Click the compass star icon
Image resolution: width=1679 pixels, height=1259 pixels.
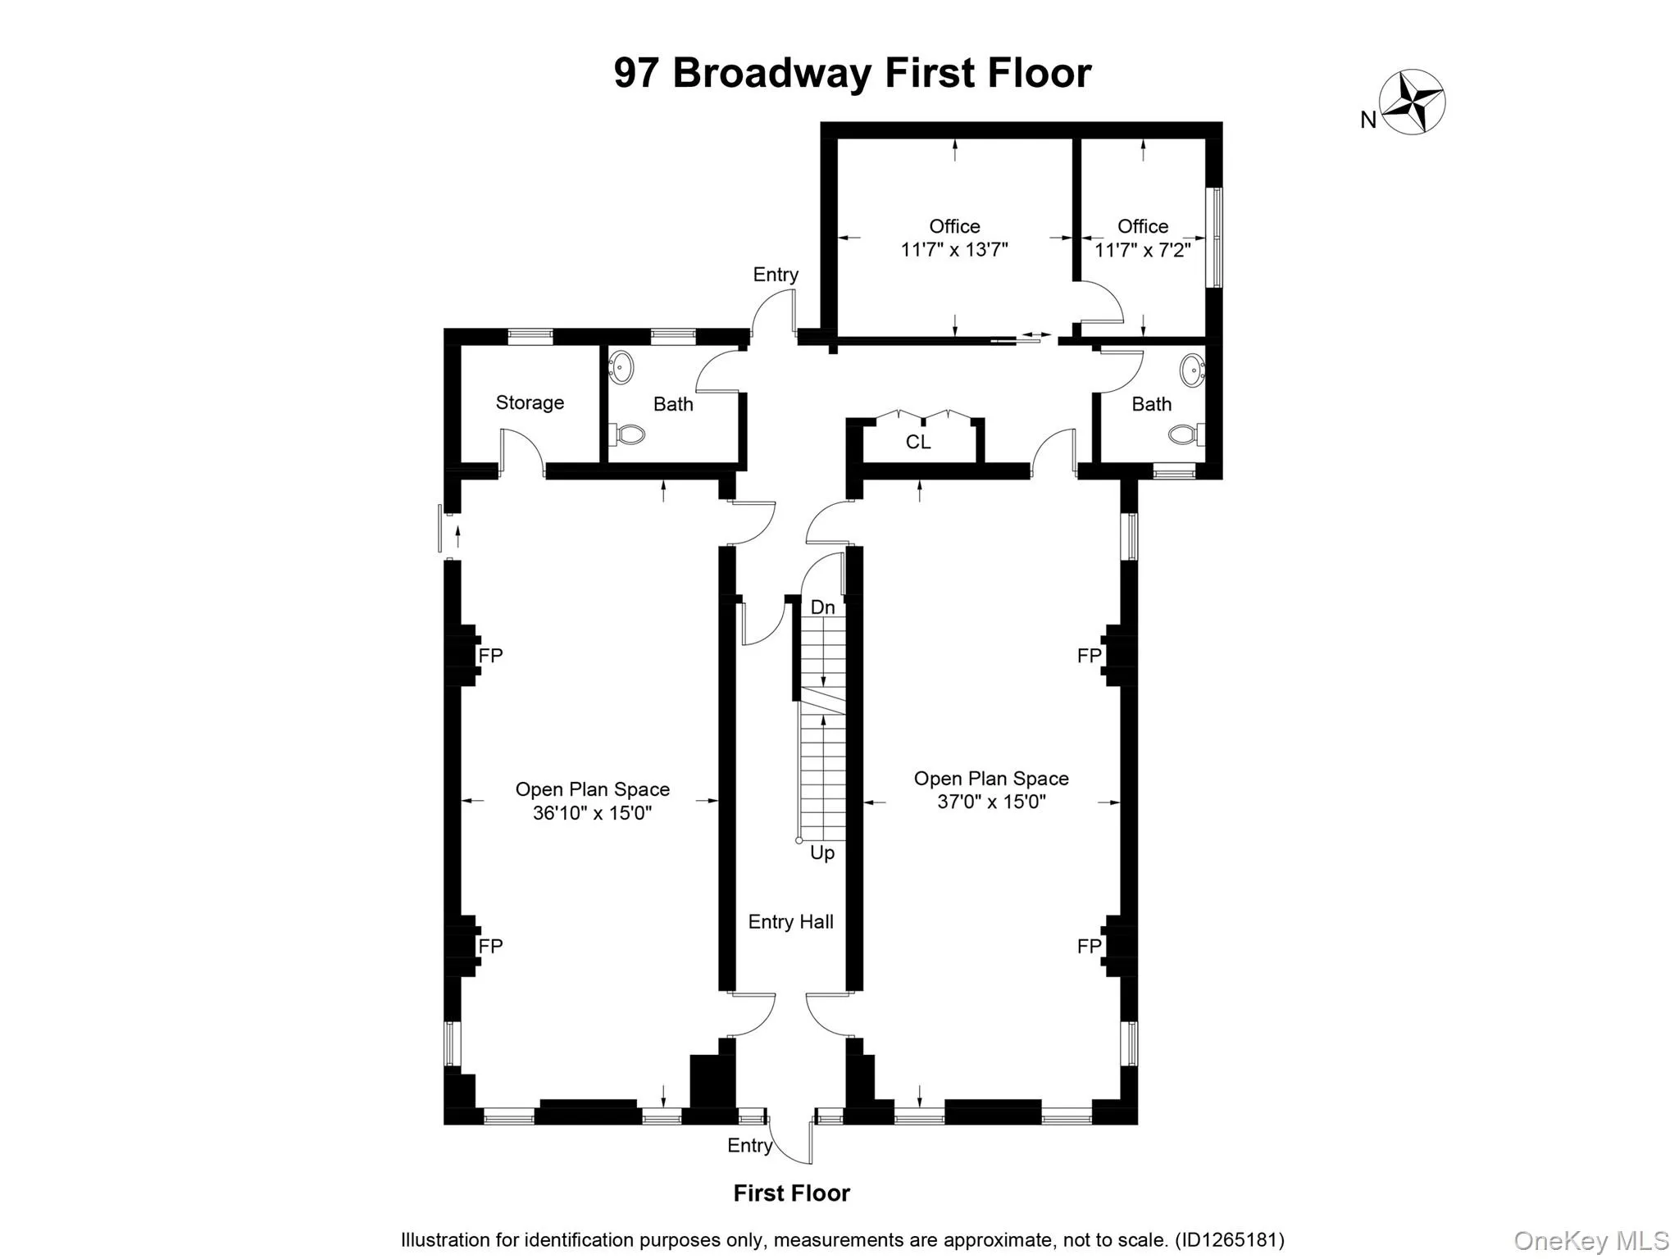tap(1412, 102)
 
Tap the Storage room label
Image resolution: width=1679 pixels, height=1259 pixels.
tap(530, 402)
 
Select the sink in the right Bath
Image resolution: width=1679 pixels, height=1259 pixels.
tap(1192, 370)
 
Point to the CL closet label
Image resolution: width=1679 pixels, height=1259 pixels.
tap(918, 443)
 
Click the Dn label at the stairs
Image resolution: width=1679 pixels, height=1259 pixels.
tap(822, 607)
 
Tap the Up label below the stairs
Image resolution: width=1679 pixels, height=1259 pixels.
tap(822, 853)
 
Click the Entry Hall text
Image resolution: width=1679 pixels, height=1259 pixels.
tap(790, 922)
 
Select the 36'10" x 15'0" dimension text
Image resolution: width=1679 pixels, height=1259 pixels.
tap(592, 813)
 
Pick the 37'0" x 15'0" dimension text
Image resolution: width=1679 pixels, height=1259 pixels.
tap(991, 802)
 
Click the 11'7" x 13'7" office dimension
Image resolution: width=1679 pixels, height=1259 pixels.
tap(954, 250)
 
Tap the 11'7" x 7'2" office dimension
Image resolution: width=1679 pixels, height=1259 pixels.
tap(1142, 250)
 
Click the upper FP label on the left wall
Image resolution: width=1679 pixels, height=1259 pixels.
tap(490, 656)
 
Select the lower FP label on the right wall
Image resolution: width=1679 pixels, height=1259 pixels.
tap(1089, 947)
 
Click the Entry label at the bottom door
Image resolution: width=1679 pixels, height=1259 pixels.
tap(749, 1146)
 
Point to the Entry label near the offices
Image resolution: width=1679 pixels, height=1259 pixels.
tap(776, 275)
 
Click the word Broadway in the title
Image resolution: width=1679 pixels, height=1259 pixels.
tap(772, 73)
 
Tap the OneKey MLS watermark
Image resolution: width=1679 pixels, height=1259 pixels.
tap(1591, 1241)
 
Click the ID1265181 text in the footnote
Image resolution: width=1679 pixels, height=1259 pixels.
tap(1229, 1240)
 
